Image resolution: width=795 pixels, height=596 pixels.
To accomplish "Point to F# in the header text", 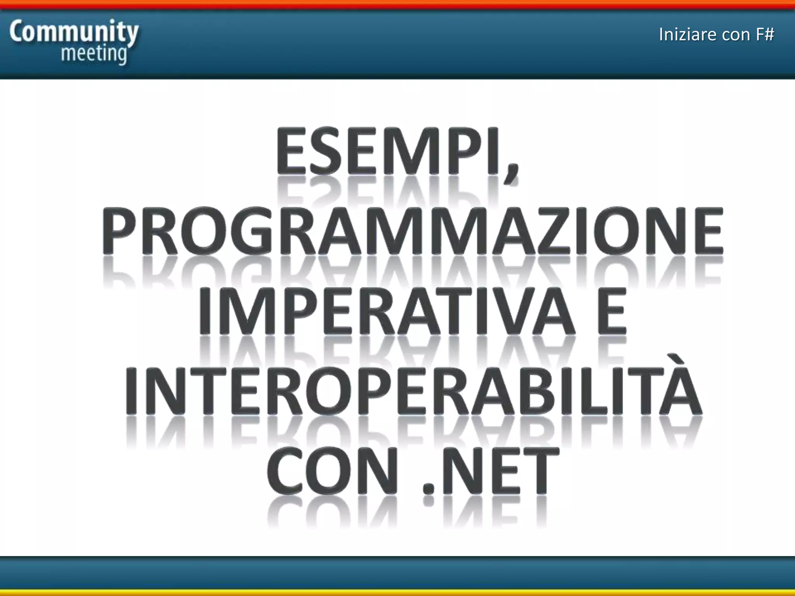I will click(765, 35).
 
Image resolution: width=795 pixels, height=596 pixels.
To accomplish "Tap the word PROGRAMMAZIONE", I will click(412, 231).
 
